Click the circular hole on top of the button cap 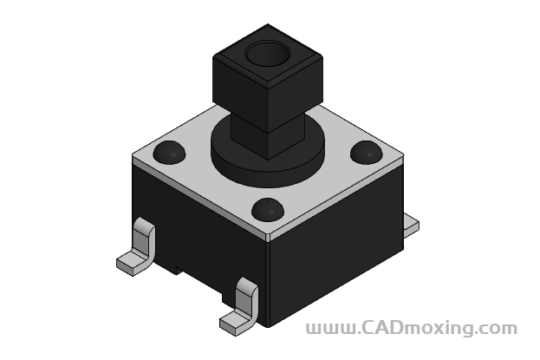[267, 55]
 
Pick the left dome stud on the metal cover [170, 153]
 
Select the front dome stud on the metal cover [268, 209]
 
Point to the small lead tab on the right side [411, 226]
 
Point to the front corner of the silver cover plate [268, 235]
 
